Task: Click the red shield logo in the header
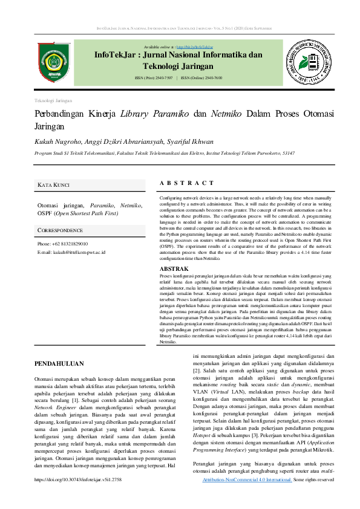pos(54,62)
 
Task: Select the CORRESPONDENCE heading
pos(60,230)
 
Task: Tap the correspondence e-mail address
pos(79,251)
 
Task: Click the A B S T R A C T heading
pos(186,183)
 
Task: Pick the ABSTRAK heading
pos(174,268)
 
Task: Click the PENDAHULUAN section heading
pos(59,364)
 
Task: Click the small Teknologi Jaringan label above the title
pos(53,100)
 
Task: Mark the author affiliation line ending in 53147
pos(165,154)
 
